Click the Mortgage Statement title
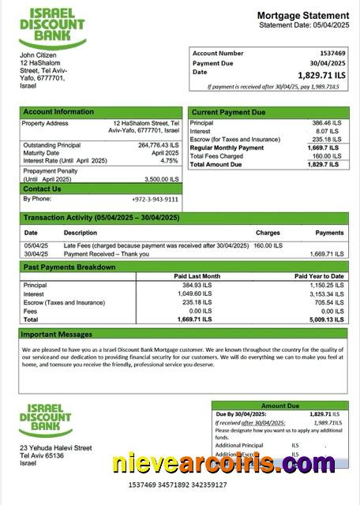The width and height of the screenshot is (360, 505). click(x=302, y=16)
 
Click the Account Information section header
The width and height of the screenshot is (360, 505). click(x=59, y=112)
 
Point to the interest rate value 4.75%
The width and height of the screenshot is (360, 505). click(x=170, y=160)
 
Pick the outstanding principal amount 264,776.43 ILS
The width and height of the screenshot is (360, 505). click(x=158, y=145)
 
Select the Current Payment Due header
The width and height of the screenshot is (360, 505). click(x=229, y=112)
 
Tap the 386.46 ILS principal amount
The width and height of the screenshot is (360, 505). click(x=325, y=124)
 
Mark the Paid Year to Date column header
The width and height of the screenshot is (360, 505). click(x=319, y=276)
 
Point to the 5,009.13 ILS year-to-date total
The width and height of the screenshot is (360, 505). click(x=324, y=320)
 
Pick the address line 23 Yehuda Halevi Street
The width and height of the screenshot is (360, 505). click(x=55, y=448)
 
